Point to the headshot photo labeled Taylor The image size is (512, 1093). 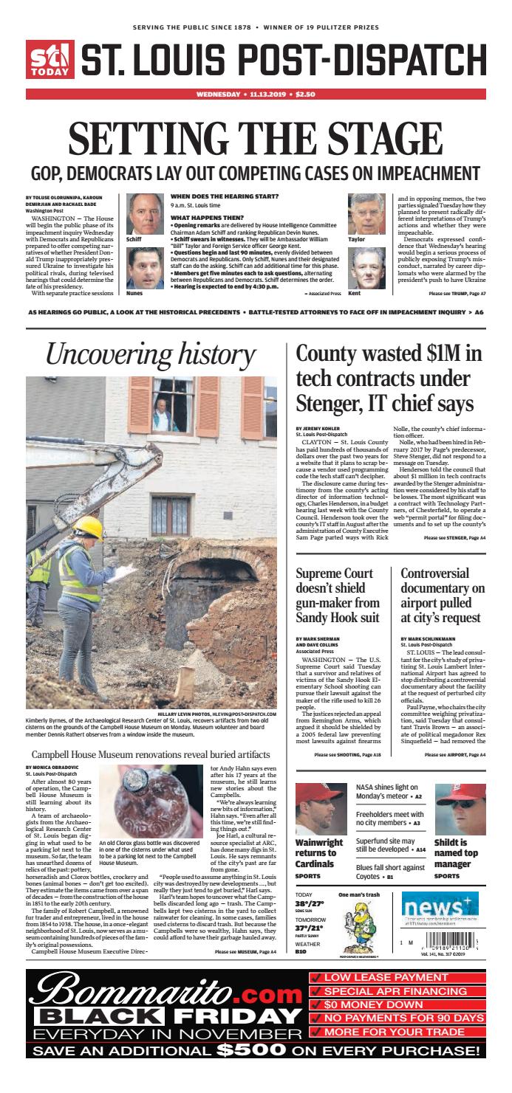coord(366,214)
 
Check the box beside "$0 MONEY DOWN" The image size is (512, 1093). coord(315,1004)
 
